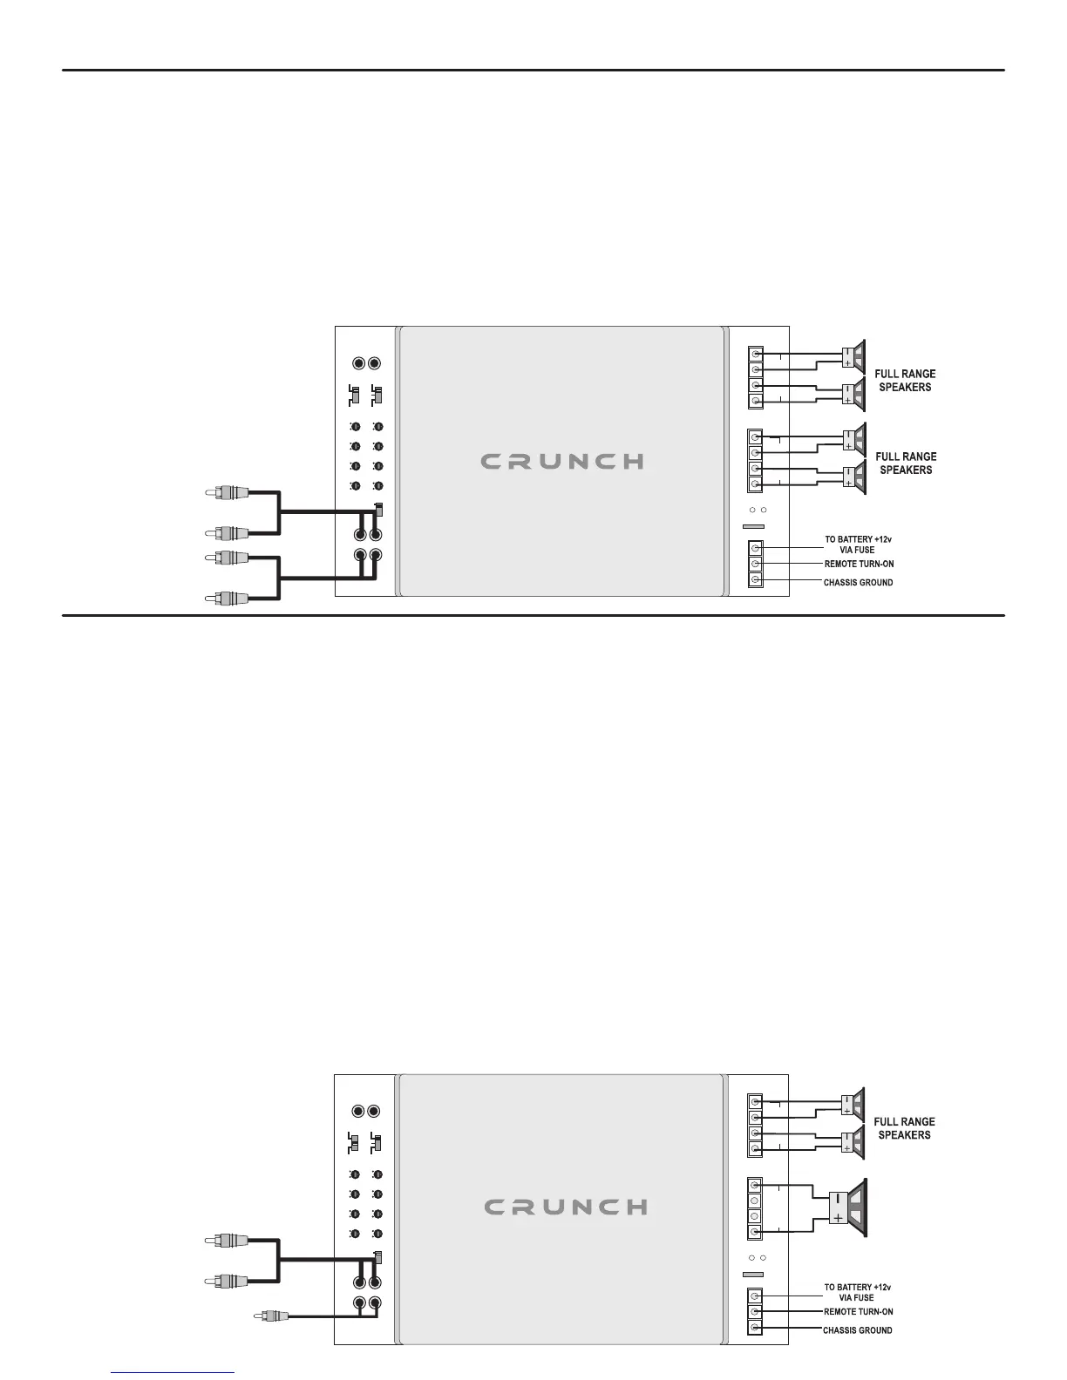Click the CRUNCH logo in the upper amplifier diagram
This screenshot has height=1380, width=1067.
coord(562,461)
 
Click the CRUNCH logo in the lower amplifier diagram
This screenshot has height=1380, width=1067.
coord(565,1207)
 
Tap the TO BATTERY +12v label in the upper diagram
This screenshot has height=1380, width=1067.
coord(859,540)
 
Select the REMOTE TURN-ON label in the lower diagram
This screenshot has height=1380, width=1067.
coord(859,1311)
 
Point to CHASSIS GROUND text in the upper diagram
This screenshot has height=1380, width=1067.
coord(859,582)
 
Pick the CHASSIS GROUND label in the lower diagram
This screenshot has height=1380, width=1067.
coord(858,1330)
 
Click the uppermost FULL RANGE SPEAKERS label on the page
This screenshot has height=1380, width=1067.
coord(906,381)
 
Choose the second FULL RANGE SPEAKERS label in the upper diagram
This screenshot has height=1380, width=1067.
coord(906,463)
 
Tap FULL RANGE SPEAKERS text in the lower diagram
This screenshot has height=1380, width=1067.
coord(905,1128)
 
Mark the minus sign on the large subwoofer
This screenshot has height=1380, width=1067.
coord(838,1198)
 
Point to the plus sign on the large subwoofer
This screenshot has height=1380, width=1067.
coord(838,1218)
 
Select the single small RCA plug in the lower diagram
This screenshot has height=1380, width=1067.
coord(268,1316)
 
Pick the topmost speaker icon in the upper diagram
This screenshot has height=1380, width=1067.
coord(854,355)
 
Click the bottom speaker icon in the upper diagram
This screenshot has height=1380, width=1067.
coord(854,477)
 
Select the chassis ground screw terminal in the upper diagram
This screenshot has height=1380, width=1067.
coord(756,580)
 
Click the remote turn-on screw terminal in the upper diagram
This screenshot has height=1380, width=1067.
coord(756,564)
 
